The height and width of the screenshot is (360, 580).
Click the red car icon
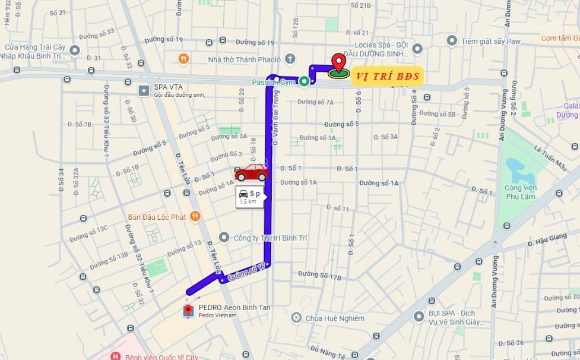pos(251,172)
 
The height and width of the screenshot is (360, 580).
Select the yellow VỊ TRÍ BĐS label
pos(387,76)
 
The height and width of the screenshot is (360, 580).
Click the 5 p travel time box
pos(250,196)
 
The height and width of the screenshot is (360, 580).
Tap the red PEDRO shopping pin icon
pos(188,310)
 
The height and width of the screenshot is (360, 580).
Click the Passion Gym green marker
pos(304,82)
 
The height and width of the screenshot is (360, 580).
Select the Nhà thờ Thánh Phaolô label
pos(243,59)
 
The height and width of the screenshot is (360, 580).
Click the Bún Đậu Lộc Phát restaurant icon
pos(195,217)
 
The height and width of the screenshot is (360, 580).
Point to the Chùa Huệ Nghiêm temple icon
pos(296,318)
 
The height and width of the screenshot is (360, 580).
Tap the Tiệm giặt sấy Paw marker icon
pos(452,40)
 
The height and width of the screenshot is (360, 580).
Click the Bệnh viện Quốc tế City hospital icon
pos(115,356)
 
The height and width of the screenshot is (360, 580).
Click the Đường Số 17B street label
pos(319,274)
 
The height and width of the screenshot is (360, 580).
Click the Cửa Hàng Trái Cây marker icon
pos(74,50)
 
